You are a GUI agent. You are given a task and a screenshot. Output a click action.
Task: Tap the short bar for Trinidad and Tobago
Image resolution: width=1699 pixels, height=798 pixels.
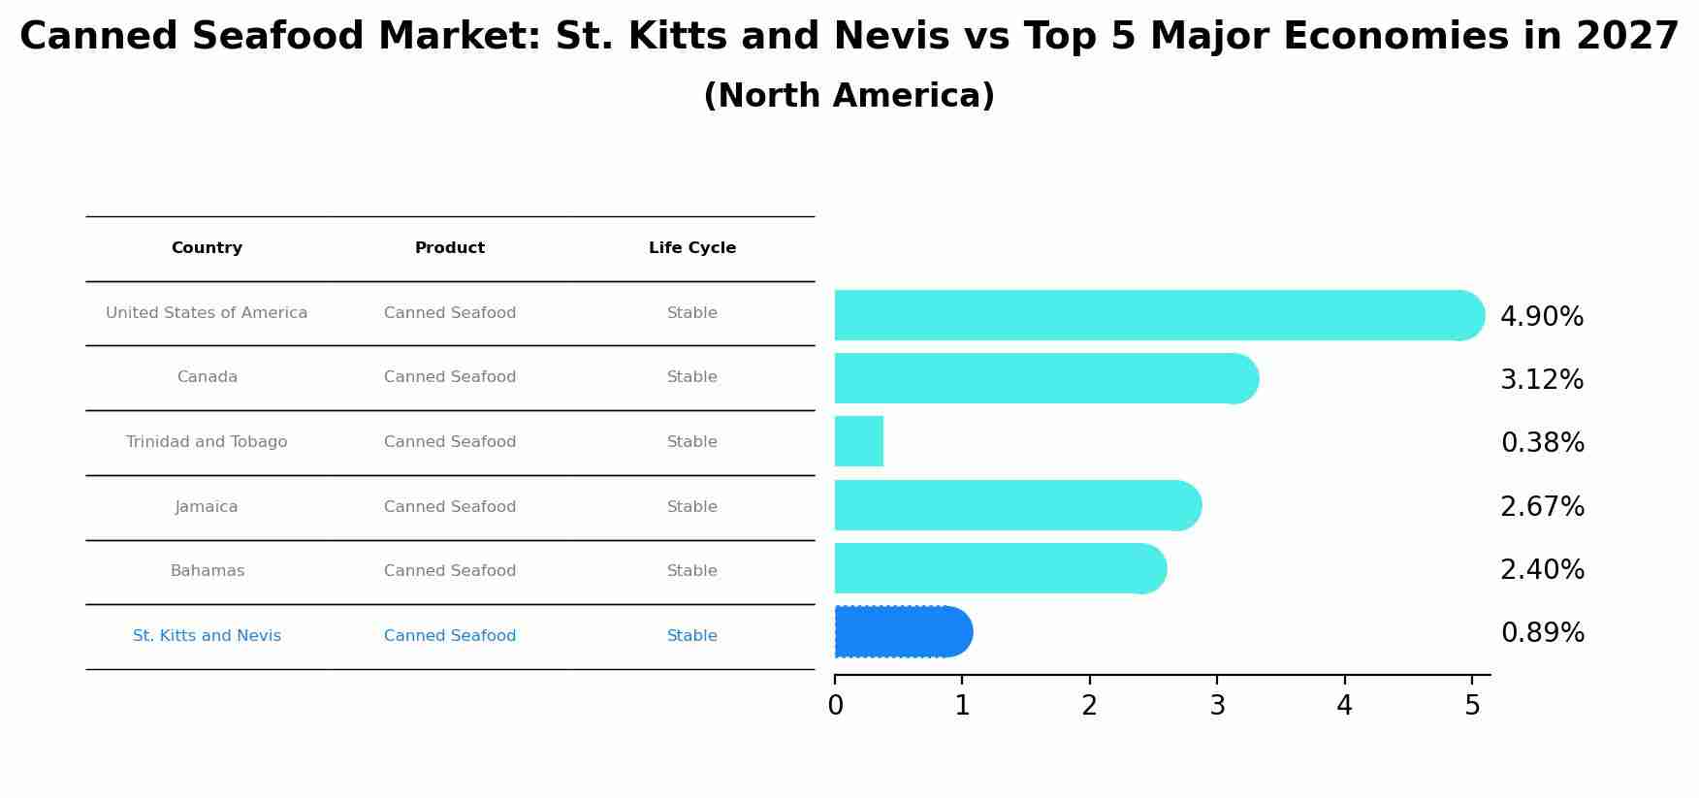click(x=859, y=441)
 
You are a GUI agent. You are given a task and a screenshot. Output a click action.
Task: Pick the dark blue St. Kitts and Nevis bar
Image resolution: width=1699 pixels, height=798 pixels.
click(x=902, y=631)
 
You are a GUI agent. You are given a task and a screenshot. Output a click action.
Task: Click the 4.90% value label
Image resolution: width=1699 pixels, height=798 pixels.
click(x=1541, y=317)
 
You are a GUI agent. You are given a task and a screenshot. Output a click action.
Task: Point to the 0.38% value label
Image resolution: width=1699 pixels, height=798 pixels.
click(x=1542, y=443)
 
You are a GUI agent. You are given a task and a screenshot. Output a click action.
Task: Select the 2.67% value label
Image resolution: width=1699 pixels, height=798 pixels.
click(x=1542, y=507)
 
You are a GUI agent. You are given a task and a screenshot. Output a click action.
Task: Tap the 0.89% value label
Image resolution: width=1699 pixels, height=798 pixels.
click(x=1542, y=633)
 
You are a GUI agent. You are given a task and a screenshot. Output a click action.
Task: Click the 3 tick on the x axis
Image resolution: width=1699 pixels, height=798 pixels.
click(x=1217, y=706)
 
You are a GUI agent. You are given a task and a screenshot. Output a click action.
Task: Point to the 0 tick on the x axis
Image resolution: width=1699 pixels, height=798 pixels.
click(x=835, y=706)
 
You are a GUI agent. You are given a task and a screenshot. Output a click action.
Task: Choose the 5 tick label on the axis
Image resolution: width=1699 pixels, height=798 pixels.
click(x=1472, y=706)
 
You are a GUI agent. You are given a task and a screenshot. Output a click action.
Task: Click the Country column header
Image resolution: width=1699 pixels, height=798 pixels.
click(x=207, y=248)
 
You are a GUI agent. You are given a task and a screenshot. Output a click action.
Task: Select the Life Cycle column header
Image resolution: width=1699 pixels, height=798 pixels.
click(x=691, y=248)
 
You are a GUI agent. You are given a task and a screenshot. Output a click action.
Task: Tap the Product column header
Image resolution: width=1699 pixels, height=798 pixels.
click(x=449, y=248)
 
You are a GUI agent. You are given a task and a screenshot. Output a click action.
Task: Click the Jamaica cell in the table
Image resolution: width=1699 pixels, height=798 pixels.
click(x=207, y=507)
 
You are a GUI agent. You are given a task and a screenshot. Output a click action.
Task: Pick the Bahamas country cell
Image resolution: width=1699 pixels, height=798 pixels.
click(x=207, y=571)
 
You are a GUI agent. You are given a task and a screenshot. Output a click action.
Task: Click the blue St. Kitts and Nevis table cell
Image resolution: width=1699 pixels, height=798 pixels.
click(x=207, y=636)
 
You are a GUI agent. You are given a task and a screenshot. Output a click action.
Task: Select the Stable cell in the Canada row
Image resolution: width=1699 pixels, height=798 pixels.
click(x=691, y=377)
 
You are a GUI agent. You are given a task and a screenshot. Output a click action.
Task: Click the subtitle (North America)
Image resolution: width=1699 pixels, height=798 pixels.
click(x=849, y=96)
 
